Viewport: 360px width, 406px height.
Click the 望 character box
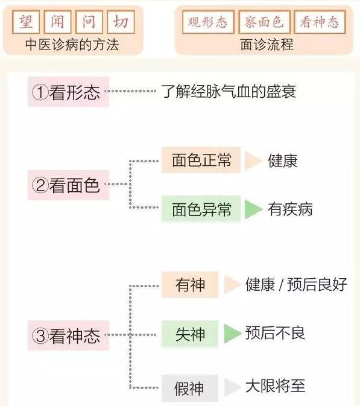(x=26, y=22)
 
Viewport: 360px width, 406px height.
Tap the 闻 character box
(x=57, y=22)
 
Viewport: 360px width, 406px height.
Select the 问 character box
(x=89, y=22)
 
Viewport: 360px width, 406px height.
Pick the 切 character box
(x=121, y=22)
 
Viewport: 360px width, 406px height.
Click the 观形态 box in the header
(x=208, y=22)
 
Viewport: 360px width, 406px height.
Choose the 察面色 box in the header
(x=264, y=22)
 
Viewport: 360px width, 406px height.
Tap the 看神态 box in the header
(x=320, y=22)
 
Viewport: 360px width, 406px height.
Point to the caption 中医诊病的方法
(x=72, y=45)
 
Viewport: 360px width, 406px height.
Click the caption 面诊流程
(x=267, y=45)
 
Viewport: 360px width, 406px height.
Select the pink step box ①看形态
(x=68, y=92)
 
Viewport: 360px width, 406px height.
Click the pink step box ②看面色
(x=68, y=185)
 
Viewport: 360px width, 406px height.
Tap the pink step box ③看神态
(x=68, y=335)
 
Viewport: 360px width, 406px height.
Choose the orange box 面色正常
(x=201, y=160)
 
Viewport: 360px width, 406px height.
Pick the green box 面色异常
(x=201, y=209)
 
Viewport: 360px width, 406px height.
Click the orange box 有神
(x=190, y=285)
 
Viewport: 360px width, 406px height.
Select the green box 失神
(x=190, y=334)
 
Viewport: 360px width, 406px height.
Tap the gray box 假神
(x=190, y=388)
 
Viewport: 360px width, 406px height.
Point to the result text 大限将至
(x=276, y=386)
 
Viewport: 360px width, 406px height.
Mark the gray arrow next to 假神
(x=232, y=387)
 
